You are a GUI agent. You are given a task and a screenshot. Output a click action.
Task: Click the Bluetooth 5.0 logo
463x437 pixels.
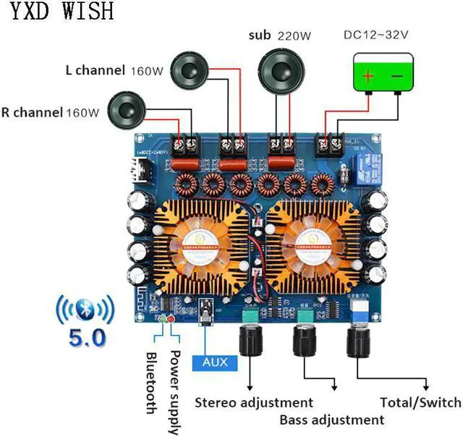click(x=85, y=319)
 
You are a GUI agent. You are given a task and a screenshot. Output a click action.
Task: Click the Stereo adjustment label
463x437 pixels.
click(x=254, y=402)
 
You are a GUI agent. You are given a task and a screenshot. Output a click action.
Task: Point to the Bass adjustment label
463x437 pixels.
click(x=332, y=420)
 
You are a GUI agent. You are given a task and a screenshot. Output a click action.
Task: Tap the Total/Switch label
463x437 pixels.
click(x=420, y=402)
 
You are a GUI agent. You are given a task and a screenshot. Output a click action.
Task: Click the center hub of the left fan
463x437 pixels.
click(x=197, y=242)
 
